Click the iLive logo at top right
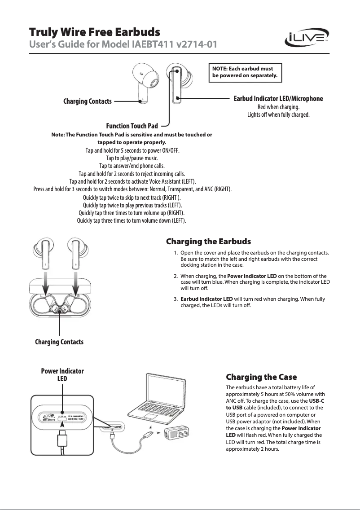coord(307,39)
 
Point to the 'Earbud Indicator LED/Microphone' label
coord(278,98)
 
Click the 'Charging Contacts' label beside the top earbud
coord(88,101)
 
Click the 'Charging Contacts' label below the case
coord(59,342)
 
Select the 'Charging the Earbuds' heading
coord(208,242)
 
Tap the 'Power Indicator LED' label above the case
coord(62,375)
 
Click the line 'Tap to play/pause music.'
coord(132,158)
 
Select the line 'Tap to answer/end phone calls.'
coord(132,166)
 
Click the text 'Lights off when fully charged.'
coord(278,115)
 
